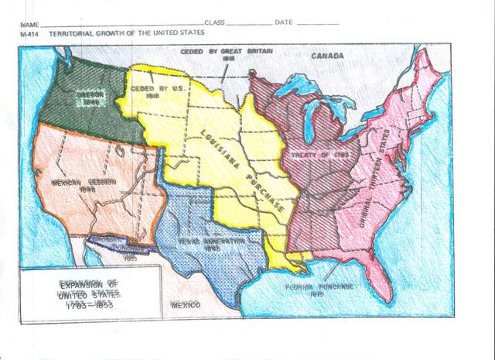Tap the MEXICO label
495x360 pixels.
pos(186,305)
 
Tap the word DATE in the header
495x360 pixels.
pos(283,22)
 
